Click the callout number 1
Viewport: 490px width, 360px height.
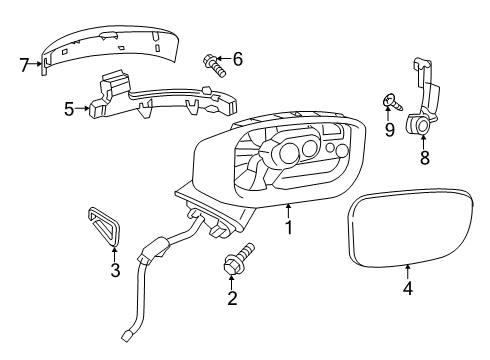pos(289,227)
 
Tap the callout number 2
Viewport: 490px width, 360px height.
pos(232,298)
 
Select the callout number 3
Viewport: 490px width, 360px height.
pos(115,270)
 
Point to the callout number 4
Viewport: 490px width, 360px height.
pos(408,288)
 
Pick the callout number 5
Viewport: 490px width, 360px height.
pos(69,109)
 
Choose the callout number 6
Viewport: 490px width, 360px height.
pos(238,59)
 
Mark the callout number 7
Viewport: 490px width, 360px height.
pos(24,65)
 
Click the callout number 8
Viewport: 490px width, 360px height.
pos(424,157)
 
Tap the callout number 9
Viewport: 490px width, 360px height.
pos(389,129)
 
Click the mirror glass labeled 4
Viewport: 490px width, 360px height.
pos(410,228)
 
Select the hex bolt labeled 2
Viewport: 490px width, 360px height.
pos(239,260)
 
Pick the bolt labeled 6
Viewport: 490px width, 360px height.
pos(214,66)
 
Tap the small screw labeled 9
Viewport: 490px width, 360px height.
pos(392,103)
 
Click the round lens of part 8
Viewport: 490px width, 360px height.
pos(424,126)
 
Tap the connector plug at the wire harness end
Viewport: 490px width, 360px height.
pos(126,336)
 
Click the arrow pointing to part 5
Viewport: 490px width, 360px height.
pos(82,108)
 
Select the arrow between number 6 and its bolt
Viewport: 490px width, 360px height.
pos(224,59)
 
